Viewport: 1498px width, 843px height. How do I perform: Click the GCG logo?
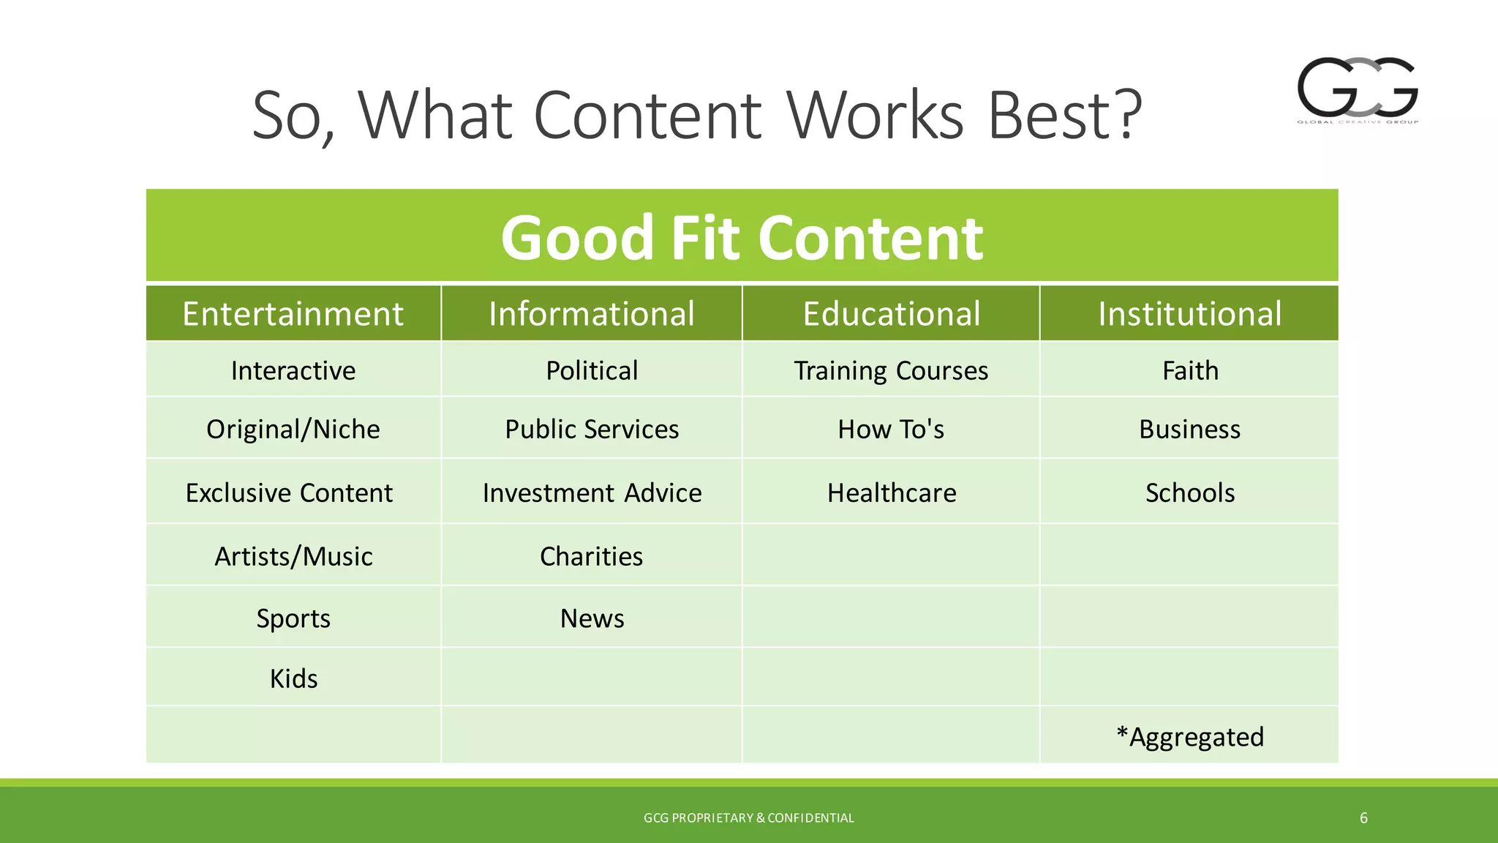coord(1358,89)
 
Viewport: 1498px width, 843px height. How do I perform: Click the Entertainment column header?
coord(293,314)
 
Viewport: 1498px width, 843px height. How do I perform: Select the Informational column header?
coord(591,314)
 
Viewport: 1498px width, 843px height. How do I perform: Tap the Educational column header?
coord(891,314)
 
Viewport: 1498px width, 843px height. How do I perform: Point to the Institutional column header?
coord(1189,314)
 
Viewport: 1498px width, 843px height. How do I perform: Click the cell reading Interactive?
coord(293,370)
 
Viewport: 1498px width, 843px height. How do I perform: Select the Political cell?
coord(591,370)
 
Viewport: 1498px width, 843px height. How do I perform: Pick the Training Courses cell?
coord(891,370)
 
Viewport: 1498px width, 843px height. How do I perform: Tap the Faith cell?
coord(1189,370)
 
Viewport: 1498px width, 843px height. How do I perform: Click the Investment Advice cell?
coord(591,492)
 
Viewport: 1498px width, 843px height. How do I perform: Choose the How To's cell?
coord(891,429)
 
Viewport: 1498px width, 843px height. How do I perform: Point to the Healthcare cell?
coord(891,492)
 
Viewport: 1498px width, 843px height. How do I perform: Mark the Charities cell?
coord(591,556)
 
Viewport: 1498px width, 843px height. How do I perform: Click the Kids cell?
coord(293,678)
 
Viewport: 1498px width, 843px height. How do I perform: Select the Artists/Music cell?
coord(293,556)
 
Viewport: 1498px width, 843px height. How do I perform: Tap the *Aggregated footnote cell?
coord(1189,736)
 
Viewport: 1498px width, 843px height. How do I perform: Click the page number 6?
coord(1363,818)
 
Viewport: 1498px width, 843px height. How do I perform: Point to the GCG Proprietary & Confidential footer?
coord(748,818)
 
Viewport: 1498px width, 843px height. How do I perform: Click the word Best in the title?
coord(1064,116)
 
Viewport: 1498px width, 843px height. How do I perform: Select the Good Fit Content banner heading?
coord(742,237)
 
